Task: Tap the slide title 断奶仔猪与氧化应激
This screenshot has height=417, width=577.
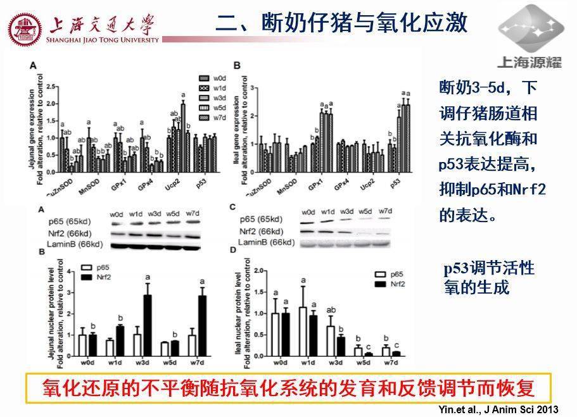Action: [341, 23]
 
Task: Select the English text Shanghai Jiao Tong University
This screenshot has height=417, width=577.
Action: [103, 40]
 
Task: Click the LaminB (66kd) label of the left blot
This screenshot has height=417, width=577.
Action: [79, 244]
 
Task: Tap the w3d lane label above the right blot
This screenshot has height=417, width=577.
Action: [346, 211]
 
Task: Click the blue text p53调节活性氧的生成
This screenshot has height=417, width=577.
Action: [488, 278]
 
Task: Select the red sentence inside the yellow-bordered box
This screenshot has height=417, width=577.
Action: [288, 388]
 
